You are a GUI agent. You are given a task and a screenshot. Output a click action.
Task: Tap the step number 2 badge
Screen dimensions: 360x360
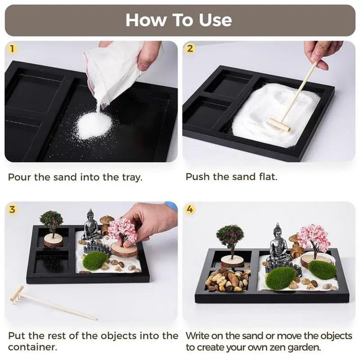pos(190,48)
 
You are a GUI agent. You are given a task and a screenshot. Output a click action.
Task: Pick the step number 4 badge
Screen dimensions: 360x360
pos(190,209)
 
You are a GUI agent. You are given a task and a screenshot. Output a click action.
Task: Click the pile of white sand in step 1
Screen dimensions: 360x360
pos(94,125)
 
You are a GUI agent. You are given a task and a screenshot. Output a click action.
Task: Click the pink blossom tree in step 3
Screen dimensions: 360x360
pos(122,232)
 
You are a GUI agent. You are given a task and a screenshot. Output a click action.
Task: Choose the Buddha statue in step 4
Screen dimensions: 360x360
pos(278,243)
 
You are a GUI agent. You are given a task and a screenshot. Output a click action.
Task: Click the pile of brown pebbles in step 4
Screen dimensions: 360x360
pos(228,280)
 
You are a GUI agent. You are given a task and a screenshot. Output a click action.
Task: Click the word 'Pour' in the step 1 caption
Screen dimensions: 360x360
pos(20,177)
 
